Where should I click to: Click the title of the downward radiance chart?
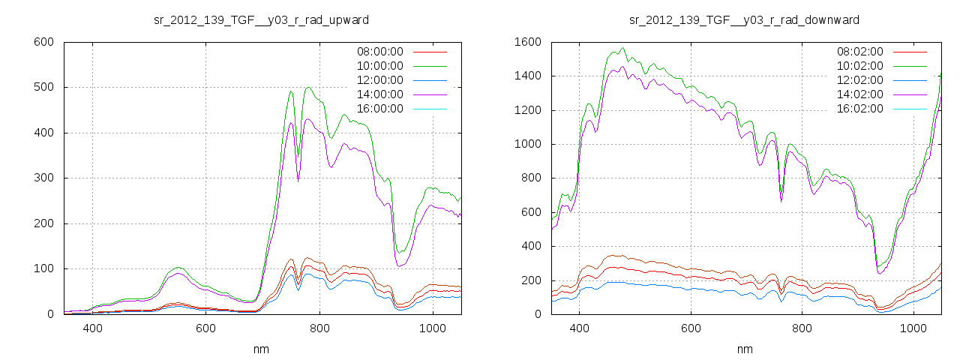[744, 19]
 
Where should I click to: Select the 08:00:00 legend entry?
[379, 52]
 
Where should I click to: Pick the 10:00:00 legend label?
[379, 66]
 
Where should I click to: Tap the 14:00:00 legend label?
[379, 94]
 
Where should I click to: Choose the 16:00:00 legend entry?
[379, 109]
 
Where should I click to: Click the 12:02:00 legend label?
[859, 80]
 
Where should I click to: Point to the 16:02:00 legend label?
[859, 109]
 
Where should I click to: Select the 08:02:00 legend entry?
[859, 52]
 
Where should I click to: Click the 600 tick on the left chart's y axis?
[43, 42]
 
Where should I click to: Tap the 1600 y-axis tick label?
[527, 42]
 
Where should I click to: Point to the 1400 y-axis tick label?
[527, 76]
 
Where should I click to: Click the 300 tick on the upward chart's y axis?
[43, 178]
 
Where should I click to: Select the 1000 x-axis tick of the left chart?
[433, 328]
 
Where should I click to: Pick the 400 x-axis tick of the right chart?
[578, 328]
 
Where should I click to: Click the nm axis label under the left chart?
[261, 349]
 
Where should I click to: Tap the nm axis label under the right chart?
[744, 349]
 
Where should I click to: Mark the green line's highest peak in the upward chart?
[308, 87]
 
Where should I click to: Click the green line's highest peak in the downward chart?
[622, 48]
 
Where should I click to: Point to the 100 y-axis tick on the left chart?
[43, 269]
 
